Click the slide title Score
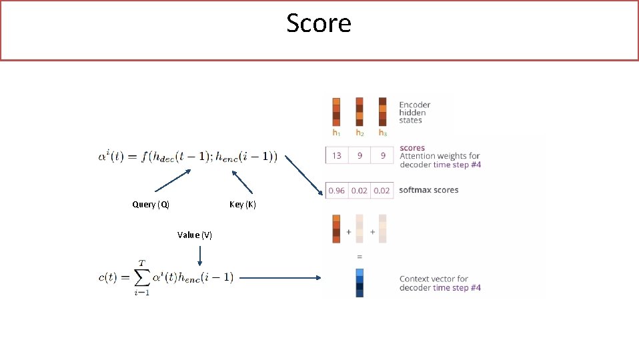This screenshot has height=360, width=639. [319, 23]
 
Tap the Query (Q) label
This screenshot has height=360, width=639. [151, 205]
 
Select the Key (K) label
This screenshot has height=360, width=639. [242, 205]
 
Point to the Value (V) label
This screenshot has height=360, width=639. [195, 235]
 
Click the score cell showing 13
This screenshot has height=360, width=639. [337, 155]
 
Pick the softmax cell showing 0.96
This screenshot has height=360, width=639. [337, 191]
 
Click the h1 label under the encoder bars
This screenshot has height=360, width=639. [337, 133]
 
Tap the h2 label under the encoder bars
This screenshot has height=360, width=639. [360, 133]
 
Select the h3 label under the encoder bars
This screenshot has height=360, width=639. [382, 133]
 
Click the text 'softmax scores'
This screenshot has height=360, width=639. [428, 190]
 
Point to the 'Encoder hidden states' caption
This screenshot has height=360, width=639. [414, 112]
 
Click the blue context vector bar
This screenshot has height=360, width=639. [360, 282]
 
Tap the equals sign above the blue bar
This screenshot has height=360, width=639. [360, 256]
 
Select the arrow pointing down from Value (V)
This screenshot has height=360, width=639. [199, 253]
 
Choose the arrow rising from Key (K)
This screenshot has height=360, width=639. [243, 181]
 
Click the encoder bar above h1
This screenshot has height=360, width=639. [336, 111]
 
